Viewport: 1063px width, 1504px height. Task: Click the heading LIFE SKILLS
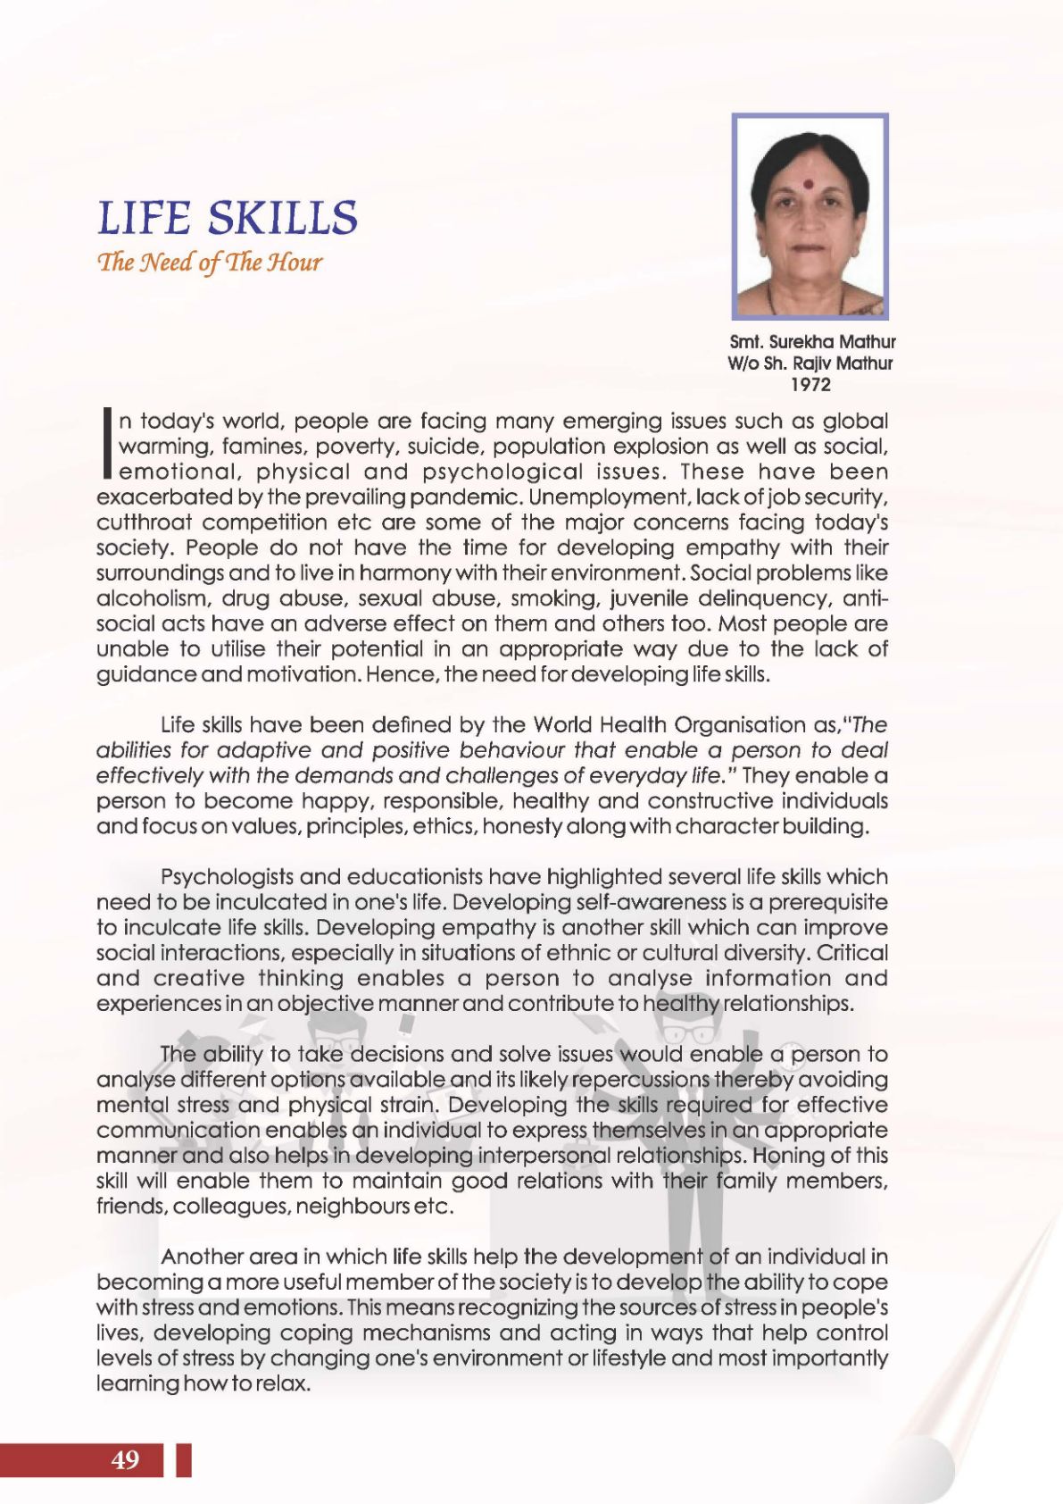tap(227, 218)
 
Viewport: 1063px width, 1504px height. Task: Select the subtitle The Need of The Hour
tap(209, 263)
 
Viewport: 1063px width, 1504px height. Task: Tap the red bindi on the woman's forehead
tap(810, 182)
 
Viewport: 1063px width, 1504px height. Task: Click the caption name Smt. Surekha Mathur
tap(812, 342)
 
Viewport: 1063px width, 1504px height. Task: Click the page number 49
tap(126, 1460)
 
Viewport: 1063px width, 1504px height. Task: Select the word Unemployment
tap(595, 497)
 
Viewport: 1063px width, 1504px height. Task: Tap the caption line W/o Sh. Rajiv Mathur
tap(810, 363)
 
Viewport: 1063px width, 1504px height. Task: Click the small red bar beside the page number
tap(184, 1460)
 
